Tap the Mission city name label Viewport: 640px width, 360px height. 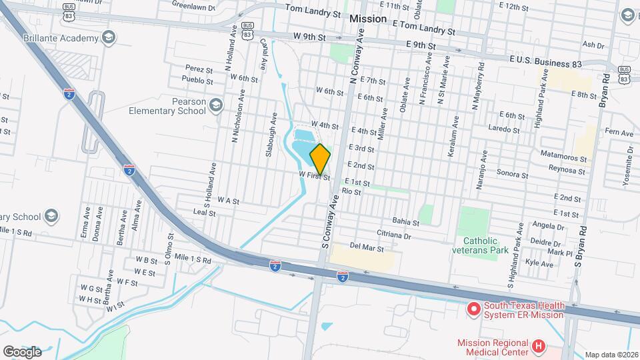(367, 19)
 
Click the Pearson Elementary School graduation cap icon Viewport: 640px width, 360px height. (215, 105)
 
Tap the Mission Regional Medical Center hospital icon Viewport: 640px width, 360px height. (539, 346)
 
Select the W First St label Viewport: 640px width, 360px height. (314, 175)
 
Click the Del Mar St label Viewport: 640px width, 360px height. (367, 248)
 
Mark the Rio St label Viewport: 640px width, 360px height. (351, 191)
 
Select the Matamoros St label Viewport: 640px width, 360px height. (564, 160)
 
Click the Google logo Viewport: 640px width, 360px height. (23, 351)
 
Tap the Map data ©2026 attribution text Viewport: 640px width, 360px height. (611, 355)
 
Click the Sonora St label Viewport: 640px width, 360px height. (513, 176)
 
